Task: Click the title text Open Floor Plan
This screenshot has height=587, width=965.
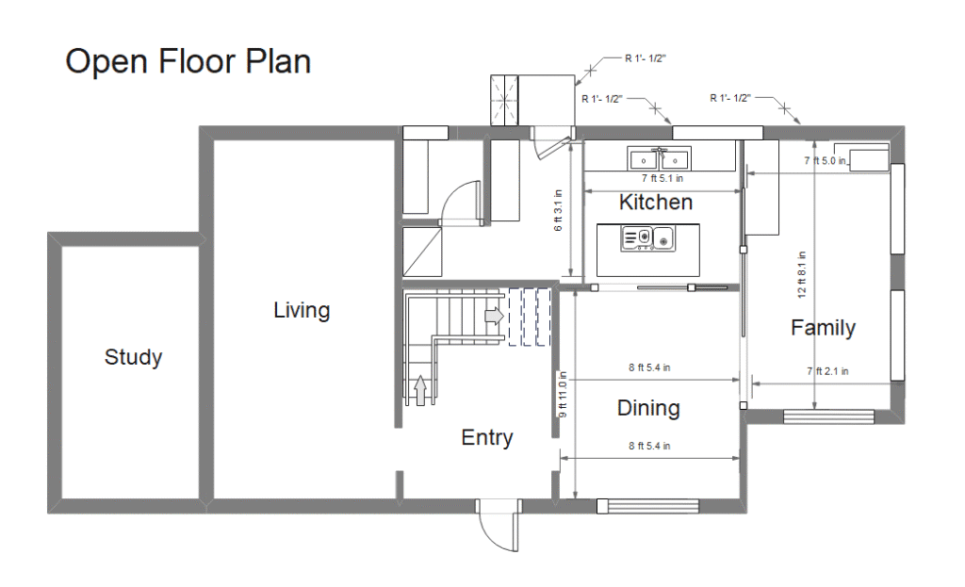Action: [188, 61]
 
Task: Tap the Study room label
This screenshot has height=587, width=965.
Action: [133, 357]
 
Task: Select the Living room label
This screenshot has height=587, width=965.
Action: [302, 310]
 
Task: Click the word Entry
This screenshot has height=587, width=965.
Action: [487, 437]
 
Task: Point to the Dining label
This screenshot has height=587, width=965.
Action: [648, 408]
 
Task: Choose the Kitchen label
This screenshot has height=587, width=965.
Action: [656, 202]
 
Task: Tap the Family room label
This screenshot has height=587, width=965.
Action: [823, 327]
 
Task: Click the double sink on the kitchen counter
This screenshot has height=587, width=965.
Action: [659, 158]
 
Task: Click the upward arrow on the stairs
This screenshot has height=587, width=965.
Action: [420, 391]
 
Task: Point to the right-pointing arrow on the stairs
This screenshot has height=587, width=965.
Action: [494, 317]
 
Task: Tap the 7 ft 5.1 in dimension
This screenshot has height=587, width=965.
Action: [662, 178]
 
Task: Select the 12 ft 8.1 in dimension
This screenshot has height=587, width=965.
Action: [801, 274]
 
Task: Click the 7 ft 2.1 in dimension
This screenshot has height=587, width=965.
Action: [827, 371]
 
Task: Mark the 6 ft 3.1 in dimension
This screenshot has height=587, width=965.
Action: [558, 210]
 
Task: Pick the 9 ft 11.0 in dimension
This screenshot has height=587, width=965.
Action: [562, 395]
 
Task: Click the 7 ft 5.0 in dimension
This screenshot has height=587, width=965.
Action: [825, 160]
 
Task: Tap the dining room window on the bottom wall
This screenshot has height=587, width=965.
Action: [648, 506]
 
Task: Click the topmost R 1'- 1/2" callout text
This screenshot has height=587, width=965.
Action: [645, 58]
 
